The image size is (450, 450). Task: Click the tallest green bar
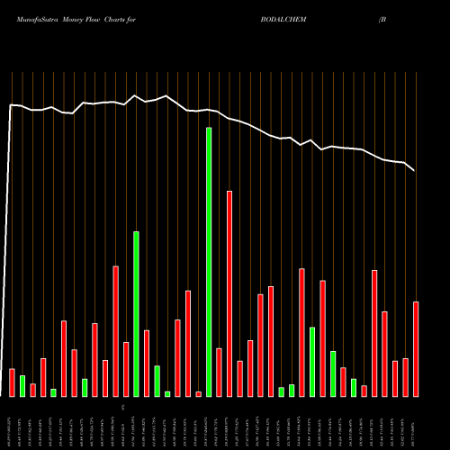[209, 262]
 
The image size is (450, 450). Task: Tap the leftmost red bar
[12, 382]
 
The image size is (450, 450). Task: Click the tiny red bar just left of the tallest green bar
[198, 393]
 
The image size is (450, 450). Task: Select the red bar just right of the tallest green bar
[219, 372]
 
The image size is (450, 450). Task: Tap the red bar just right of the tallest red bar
[239, 378]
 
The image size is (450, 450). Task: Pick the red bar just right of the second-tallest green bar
[147, 363]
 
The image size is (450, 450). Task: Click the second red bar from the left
[32, 390]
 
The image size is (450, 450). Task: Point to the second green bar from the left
[53, 391]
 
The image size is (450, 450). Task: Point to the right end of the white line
[414, 170]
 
